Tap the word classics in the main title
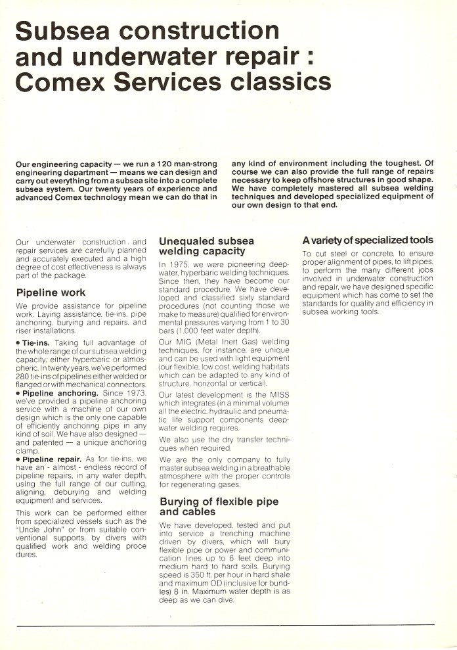[x=274, y=81]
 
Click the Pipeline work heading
[x=51, y=293]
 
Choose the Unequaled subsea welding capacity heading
[x=206, y=246]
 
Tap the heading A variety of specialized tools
[x=367, y=240]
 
